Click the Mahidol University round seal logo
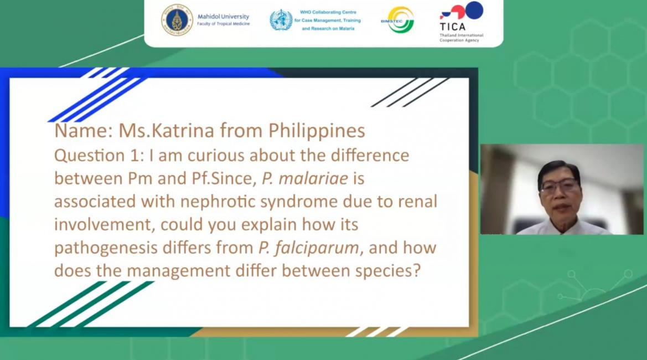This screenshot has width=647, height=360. pos(177,20)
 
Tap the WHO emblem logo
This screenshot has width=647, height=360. pos(281,20)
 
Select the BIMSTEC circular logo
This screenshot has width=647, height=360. pos(398,20)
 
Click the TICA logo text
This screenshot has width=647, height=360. pos(453,27)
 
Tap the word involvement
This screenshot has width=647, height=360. pos(105,225)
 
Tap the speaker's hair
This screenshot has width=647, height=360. pos(559,170)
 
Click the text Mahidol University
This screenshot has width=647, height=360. pos(223,17)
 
